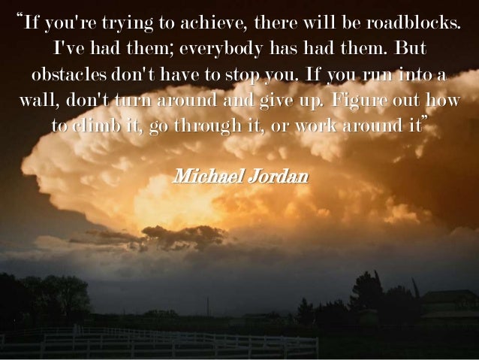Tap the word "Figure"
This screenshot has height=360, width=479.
(352, 101)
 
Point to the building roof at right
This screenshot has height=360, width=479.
(446, 295)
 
